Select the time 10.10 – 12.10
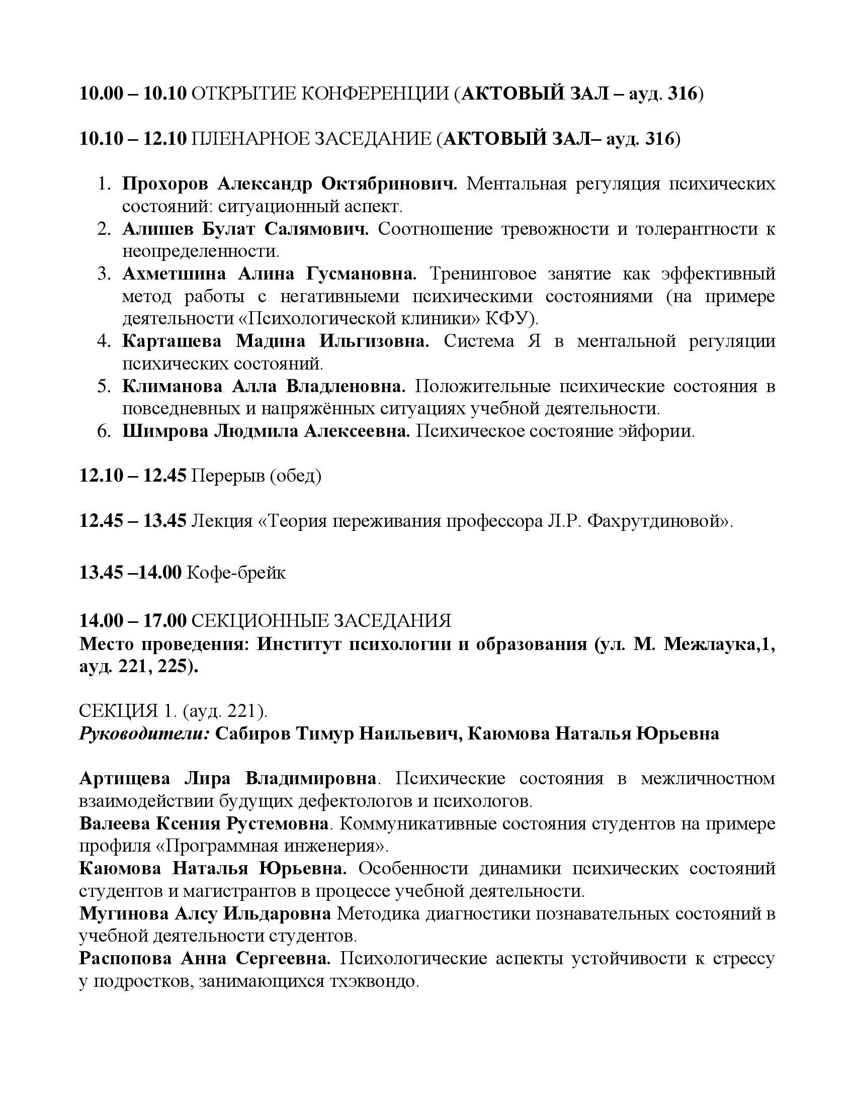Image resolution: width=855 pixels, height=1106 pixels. [133, 139]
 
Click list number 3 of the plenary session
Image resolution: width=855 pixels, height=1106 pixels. [104, 274]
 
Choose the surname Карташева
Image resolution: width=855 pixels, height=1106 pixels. [172, 341]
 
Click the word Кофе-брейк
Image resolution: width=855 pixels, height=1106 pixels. [236, 572]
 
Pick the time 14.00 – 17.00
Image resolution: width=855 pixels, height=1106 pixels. [133, 620]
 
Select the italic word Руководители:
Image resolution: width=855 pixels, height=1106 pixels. [144, 734]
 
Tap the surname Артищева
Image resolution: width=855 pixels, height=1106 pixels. [124, 778]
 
